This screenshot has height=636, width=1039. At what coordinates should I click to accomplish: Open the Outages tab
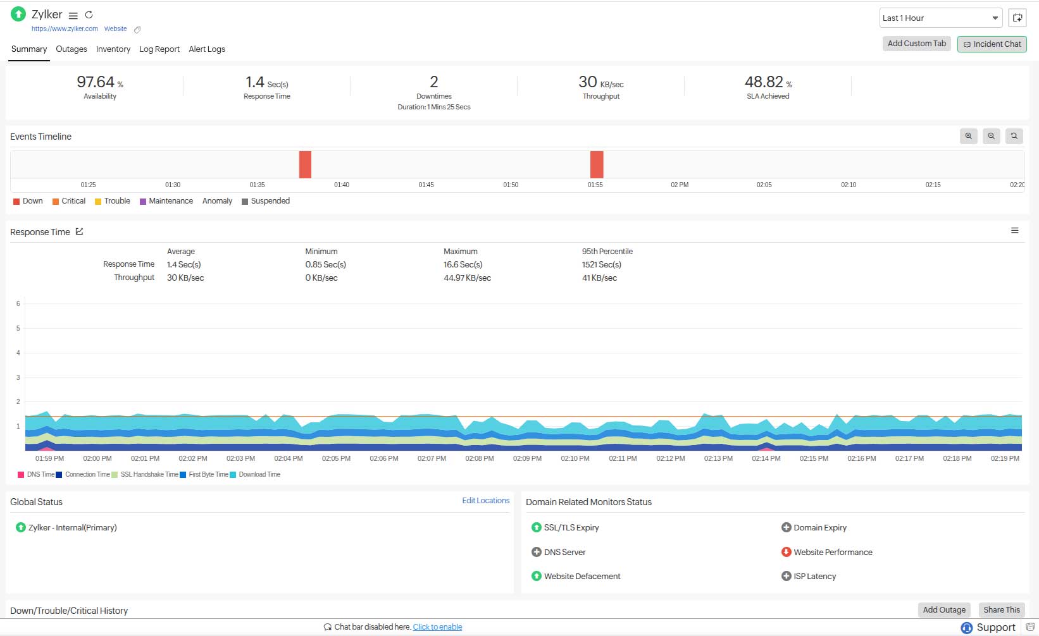click(x=71, y=49)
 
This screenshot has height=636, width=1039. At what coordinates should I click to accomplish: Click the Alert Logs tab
click(x=206, y=49)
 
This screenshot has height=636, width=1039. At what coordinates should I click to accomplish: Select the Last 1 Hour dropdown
click(x=940, y=18)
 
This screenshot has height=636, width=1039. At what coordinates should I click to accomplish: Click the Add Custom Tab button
click(x=916, y=44)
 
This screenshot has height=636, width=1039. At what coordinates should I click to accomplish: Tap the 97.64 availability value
click(x=96, y=82)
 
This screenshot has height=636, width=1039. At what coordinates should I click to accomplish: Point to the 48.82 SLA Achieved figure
click(x=764, y=82)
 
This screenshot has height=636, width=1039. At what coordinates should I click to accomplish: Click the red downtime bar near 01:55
click(x=596, y=164)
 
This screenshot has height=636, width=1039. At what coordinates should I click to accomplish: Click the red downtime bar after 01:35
click(x=305, y=164)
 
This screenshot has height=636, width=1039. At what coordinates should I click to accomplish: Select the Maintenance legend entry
click(x=170, y=201)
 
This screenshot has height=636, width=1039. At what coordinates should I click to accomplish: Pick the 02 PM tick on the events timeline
click(x=680, y=185)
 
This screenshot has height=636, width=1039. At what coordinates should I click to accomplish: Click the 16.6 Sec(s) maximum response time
click(x=463, y=265)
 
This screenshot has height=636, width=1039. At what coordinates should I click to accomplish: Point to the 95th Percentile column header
click(x=607, y=252)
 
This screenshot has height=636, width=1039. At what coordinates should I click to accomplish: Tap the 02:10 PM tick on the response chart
click(x=575, y=458)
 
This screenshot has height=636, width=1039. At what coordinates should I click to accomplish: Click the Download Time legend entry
click(x=259, y=475)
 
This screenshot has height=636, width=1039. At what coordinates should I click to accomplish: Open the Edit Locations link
click(x=485, y=501)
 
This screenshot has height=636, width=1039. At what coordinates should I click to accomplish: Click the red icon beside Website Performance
click(x=786, y=552)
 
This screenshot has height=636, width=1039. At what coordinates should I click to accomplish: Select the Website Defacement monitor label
click(x=582, y=577)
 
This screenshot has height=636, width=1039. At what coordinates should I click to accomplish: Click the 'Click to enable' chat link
click(x=437, y=627)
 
